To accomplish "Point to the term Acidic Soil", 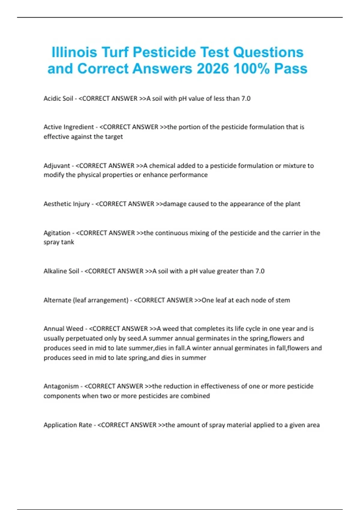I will click(58, 98).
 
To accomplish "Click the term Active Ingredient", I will click(69, 127).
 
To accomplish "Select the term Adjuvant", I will click(57, 166).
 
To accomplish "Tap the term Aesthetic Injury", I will click(67, 204).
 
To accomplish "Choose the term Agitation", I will click(57, 233).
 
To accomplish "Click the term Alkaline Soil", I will click(61, 271).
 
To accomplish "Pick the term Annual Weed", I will click(63, 329).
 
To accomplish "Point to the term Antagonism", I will click(61, 386).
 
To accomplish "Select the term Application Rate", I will click(68, 425).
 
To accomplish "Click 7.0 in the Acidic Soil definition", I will click(246, 98).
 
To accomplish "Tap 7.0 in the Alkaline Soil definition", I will click(260, 271).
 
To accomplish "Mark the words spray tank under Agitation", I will click(59, 242).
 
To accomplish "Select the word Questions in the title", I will click(268, 52).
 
